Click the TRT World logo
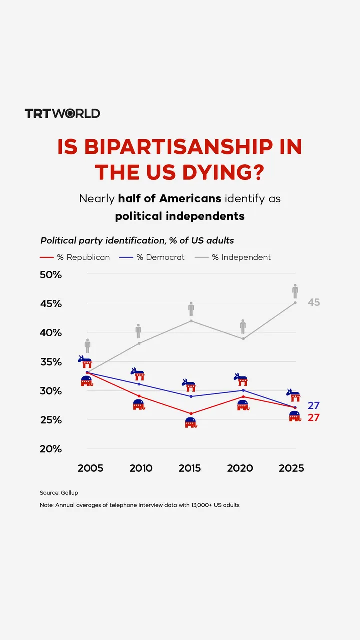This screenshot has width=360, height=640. [62, 113]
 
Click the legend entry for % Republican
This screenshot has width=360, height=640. [75, 257]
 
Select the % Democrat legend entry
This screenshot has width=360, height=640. [152, 257]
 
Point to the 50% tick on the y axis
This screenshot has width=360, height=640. [51, 275]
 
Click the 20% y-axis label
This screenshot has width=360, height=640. [51, 449]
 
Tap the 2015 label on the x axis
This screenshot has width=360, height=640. [190, 468]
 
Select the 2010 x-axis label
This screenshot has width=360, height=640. [141, 468]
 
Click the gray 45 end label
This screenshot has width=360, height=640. [313, 302]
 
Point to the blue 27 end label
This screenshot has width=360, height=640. [313, 406]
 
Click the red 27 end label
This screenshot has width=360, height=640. [313, 418]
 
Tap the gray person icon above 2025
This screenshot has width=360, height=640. [295, 291]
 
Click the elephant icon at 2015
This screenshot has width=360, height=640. [191, 423]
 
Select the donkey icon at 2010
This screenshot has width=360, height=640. [138, 373]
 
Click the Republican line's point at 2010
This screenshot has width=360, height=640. [139, 396]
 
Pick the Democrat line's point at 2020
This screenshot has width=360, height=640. [243, 390]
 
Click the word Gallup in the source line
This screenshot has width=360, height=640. [69, 493]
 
